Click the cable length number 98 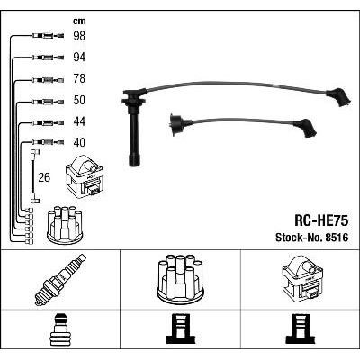coord(79,36)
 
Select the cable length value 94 coord(79,58)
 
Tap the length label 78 coord(79,79)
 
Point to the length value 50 coord(79,100)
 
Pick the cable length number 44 coord(79,121)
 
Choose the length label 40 coord(79,142)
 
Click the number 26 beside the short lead coord(44,177)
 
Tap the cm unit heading coord(79,21)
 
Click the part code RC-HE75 coord(321,221)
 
